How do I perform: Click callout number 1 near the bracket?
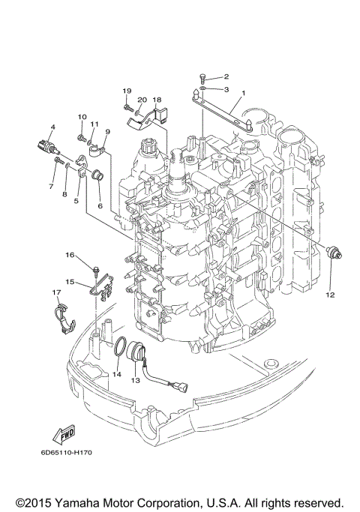pos(242,94)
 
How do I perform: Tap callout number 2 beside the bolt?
pos(226,76)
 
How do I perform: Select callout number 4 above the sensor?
pos(226,88)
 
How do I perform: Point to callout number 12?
pos(53,126)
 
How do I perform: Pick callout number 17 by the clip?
pos(56,292)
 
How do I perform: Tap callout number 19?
pos(127,91)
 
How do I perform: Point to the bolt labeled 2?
pos(203,76)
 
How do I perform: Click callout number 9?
pos(107,132)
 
